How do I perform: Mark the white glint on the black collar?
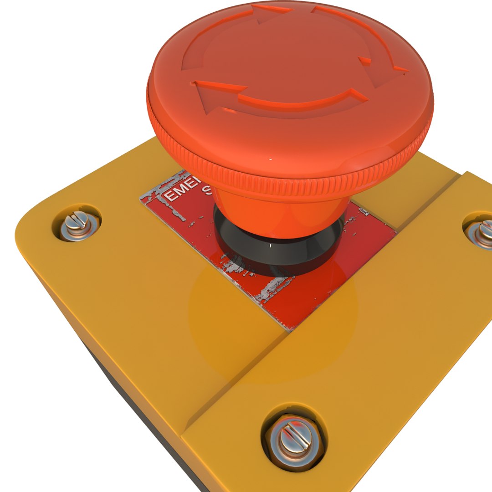271,246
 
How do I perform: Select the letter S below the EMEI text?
205,190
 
